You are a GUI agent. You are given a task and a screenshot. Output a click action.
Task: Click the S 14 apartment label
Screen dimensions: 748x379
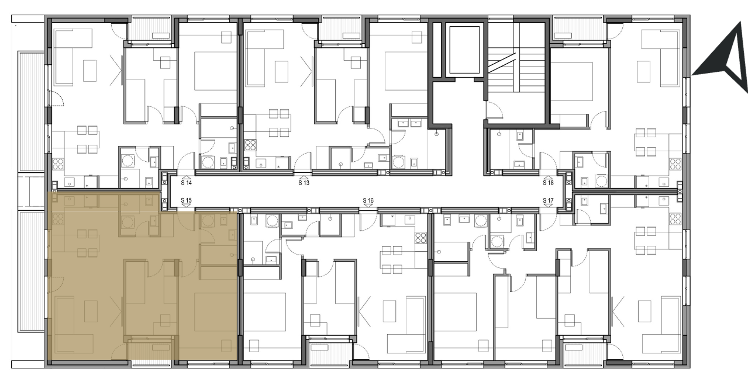[187, 183]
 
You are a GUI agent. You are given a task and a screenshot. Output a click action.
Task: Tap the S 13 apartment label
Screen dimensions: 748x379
[304, 183]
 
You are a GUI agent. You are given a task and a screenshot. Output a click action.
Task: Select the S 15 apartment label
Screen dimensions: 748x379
[187, 200]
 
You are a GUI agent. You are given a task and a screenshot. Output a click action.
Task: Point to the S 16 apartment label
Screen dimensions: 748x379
[368, 200]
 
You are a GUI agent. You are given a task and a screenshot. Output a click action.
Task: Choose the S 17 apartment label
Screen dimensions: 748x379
[549, 200]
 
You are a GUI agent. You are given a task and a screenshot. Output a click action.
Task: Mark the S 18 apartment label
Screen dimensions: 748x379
[549, 183]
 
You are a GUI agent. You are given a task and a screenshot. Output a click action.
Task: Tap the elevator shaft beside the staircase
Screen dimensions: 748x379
[464, 50]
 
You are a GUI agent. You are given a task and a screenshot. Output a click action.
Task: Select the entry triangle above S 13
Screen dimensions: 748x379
[304, 178]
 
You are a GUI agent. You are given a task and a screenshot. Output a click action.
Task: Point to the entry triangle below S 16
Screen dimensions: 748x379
[368, 206]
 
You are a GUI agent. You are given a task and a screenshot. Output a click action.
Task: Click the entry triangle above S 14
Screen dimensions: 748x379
[187, 178]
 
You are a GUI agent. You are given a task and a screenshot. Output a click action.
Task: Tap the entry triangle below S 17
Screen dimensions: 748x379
[549, 206]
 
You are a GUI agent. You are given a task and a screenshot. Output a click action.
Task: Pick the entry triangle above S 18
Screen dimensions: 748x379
[549, 178]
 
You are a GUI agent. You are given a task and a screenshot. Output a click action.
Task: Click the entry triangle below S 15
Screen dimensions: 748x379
[187, 206]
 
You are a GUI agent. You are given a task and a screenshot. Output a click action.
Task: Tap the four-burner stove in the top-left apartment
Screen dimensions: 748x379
[58, 164]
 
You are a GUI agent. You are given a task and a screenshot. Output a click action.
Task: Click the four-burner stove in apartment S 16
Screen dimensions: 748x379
[420, 238]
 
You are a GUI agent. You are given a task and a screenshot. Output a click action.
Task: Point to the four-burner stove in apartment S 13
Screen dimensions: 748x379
[250, 145]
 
